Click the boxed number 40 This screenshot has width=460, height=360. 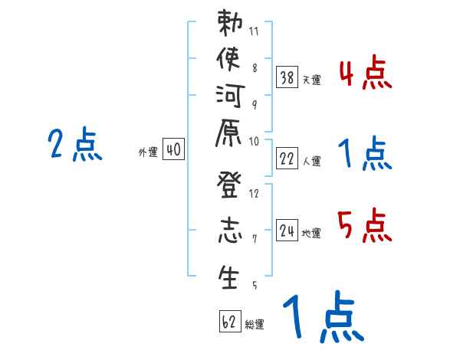[x=172, y=150]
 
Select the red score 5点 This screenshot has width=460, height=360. [x=365, y=227]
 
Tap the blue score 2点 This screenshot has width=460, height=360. [x=75, y=145]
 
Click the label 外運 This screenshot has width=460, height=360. [x=148, y=152]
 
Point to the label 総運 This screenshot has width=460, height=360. [x=255, y=325]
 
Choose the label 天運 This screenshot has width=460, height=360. [x=311, y=80]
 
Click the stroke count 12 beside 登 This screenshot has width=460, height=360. [x=255, y=194]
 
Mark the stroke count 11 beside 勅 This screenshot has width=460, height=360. [x=254, y=33]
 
